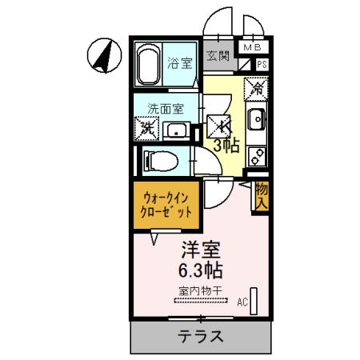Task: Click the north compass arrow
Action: [x=102, y=54]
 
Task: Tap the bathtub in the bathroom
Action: [x=148, y=63]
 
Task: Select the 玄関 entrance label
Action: [x=218, y=56]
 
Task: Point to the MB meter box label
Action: [x=252, y=47]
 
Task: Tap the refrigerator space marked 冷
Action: [x=256, y=84]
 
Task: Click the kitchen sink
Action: [x=258, y=122]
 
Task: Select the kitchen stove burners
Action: [x=258, y=152]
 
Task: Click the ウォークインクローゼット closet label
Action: [x=167, y=206]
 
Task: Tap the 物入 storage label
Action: [x=260, y=197]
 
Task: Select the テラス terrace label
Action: [x=200, y=336]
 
